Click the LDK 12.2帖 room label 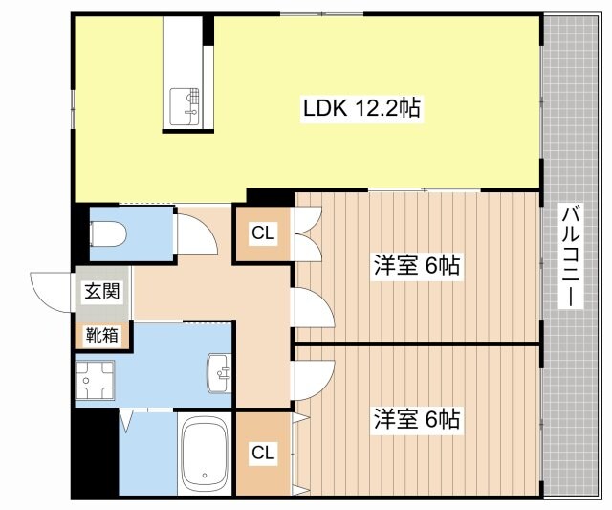click(362, 110)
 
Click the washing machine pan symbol click(97, 380)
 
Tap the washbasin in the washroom click(219, 372)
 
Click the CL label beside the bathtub click(264, 454)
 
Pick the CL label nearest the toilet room click(264, 233)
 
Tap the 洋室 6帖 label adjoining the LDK click(417, 266)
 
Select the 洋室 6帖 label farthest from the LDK click(417, 418)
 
